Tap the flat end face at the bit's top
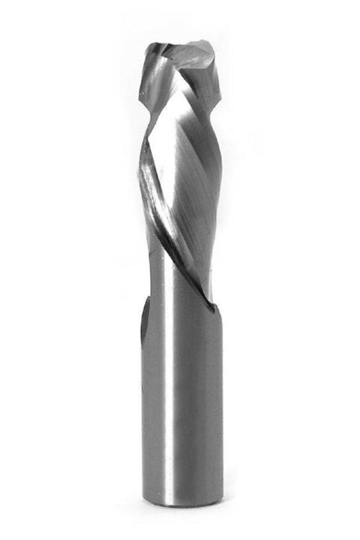[193, 53]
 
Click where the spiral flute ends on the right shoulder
[212, 304]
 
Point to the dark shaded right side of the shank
[214, 405]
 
